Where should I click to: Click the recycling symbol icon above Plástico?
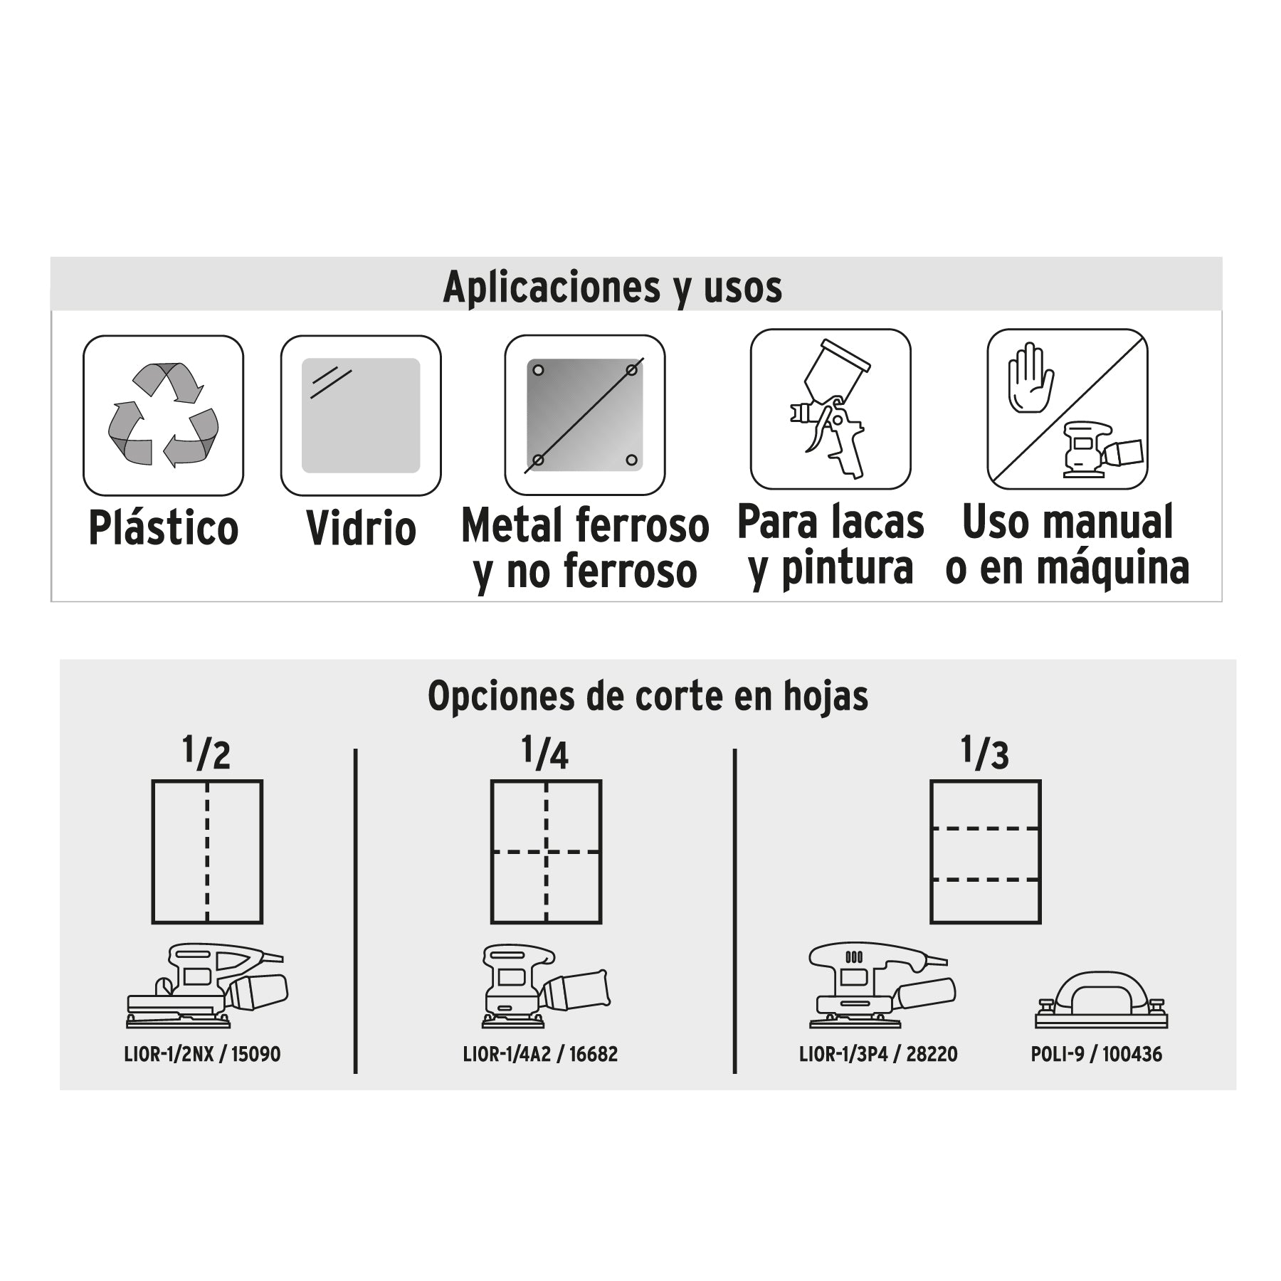coord(163,416)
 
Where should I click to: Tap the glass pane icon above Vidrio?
coord(361,416)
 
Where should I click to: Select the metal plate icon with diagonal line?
coord(584,415)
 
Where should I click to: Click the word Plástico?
coord(163,528)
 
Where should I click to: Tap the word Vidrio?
coord(361,529)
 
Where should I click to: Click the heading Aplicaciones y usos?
coord(612,287)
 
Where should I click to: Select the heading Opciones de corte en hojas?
coord(648,696)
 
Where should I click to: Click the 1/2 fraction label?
coord(206,753)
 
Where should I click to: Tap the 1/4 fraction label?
coord(545,753)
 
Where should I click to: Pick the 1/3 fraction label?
coord(985,753)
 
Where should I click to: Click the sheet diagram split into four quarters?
coord(546,852)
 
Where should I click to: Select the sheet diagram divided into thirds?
coord(986,852)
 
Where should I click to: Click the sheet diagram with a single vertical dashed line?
coord(207,852)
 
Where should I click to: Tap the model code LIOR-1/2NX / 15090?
coord(203,1054)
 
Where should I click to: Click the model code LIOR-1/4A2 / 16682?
coord(540,1054)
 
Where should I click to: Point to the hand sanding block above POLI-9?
coord(1100,1000)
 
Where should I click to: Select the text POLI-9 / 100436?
coord(1096,1054)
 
